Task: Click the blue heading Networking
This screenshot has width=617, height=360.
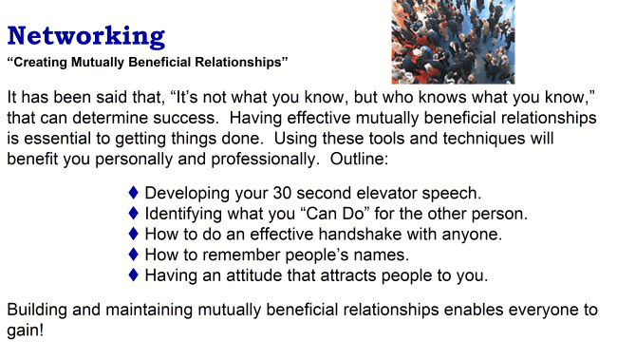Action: [86, 37]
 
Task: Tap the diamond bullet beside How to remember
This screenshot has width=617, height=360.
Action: [133, 255]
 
